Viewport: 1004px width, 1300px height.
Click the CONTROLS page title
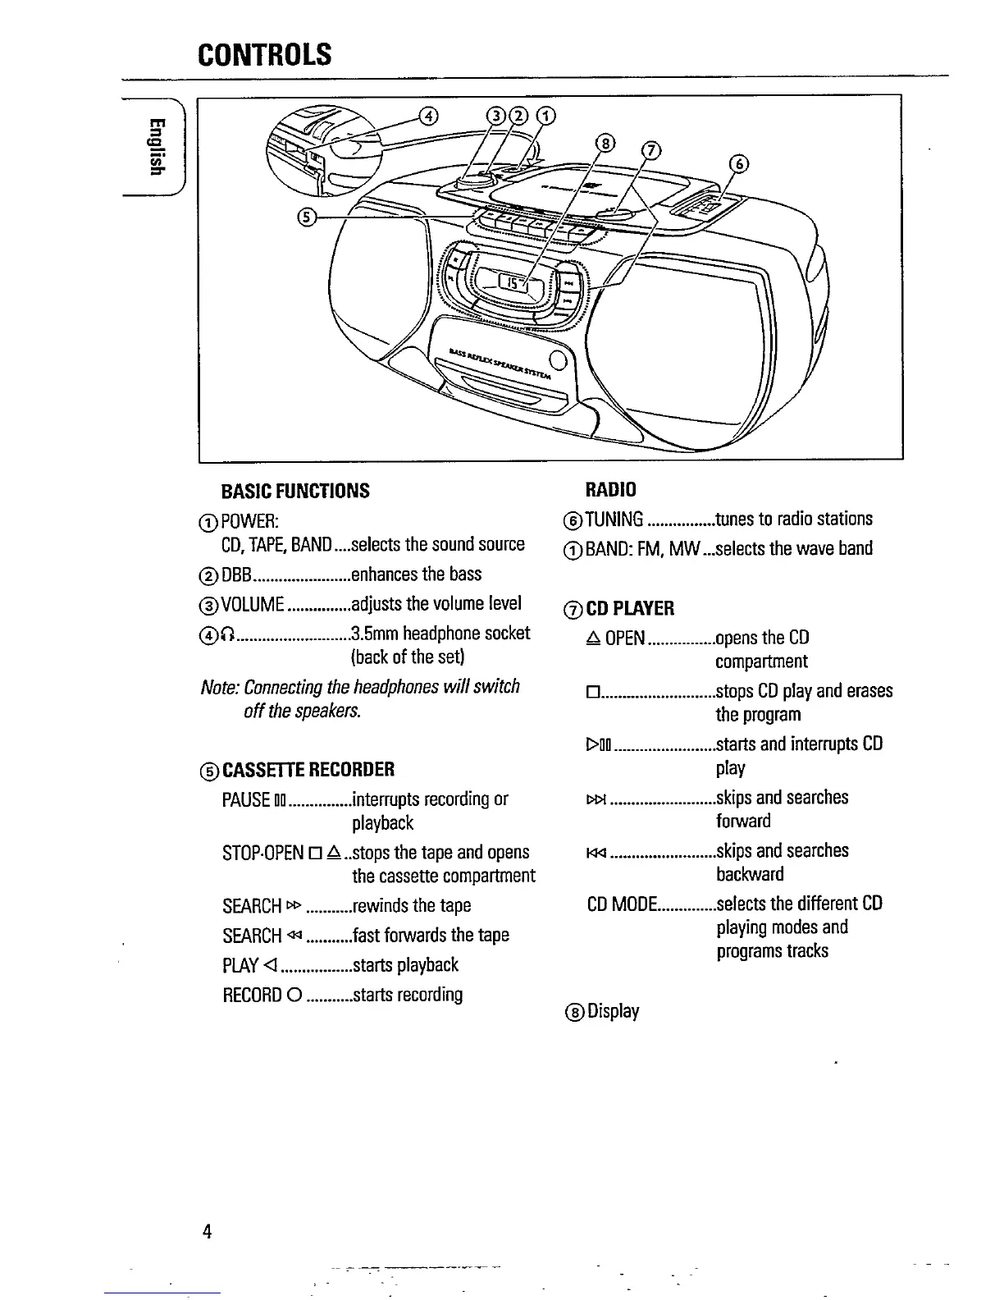[x=264, y=54]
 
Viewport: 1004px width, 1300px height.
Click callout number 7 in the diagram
[x=650, y=150]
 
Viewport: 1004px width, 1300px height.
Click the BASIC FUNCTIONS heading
[x=295, y=491]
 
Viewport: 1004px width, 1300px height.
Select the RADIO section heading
[x=611, y=490]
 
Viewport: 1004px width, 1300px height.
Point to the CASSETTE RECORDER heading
[x=308, y=769]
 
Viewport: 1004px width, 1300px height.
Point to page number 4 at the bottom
[x=208, y=1231]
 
